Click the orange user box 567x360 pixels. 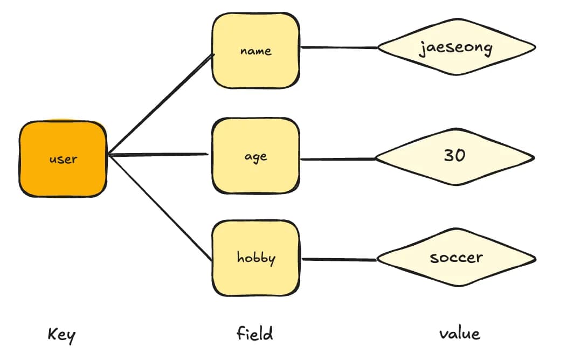tap(63, 158)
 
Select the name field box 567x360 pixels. tap(255, 51)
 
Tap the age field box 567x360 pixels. tap(255, 156)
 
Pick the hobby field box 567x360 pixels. tap(255, 258)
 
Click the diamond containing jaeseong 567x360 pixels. tap(457, 47)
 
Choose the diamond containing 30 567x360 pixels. tap(455, 157)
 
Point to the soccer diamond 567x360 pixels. tap(457, 258)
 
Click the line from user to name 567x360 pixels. tap(161, 105)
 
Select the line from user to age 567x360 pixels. tap(158, 155)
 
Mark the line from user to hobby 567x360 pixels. tap(160, 208)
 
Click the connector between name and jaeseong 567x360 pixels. tap(339, 47)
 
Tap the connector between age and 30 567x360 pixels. tap(338, 158)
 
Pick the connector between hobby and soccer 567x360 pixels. tap(339, 259)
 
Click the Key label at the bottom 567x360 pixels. tap(61, 335)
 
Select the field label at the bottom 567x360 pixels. tap(254, 333)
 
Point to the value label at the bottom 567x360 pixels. tap(460, 333)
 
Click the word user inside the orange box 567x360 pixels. tap(63, 159)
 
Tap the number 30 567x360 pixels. tap(454, 155)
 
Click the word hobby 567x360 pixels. tap(256, 258)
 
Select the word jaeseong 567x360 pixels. tap(455, 48)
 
